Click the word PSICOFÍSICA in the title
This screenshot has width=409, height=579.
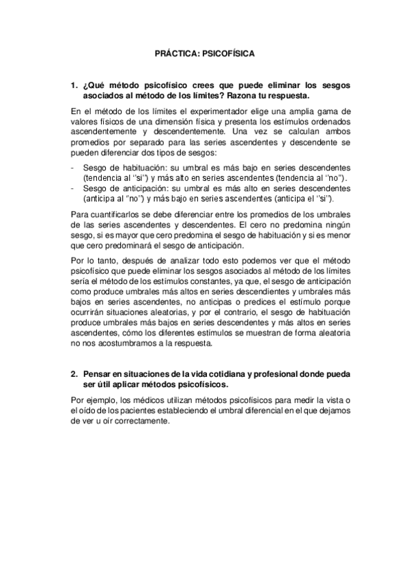(x=227, y=51)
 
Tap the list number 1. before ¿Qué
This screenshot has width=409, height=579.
(x=74, y=85)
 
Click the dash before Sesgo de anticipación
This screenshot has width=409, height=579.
(x=72, y=188)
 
